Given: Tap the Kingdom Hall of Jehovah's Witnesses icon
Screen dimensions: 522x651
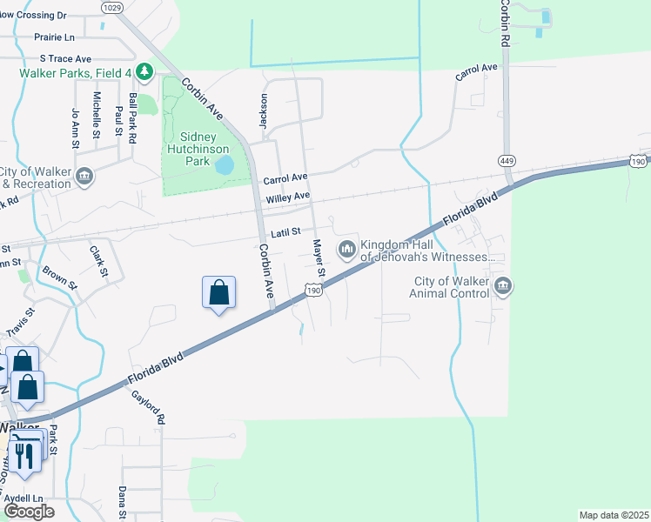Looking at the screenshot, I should pos(348,250).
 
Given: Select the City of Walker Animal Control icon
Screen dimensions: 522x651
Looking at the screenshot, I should pos(503,286).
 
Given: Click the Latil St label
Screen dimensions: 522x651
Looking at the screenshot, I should pos(285,232).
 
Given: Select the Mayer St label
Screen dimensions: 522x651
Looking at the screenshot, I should pos(319,258).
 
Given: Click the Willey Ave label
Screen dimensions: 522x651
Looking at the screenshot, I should pos(288,198).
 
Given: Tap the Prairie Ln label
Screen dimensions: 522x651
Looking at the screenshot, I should pos(54,37).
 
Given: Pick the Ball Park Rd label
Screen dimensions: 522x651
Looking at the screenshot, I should pos(132,119).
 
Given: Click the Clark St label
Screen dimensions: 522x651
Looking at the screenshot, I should pos(98,261).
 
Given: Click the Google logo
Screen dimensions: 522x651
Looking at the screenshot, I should pos(29,511).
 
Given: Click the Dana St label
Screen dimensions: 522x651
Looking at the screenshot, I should pos(123,503).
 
